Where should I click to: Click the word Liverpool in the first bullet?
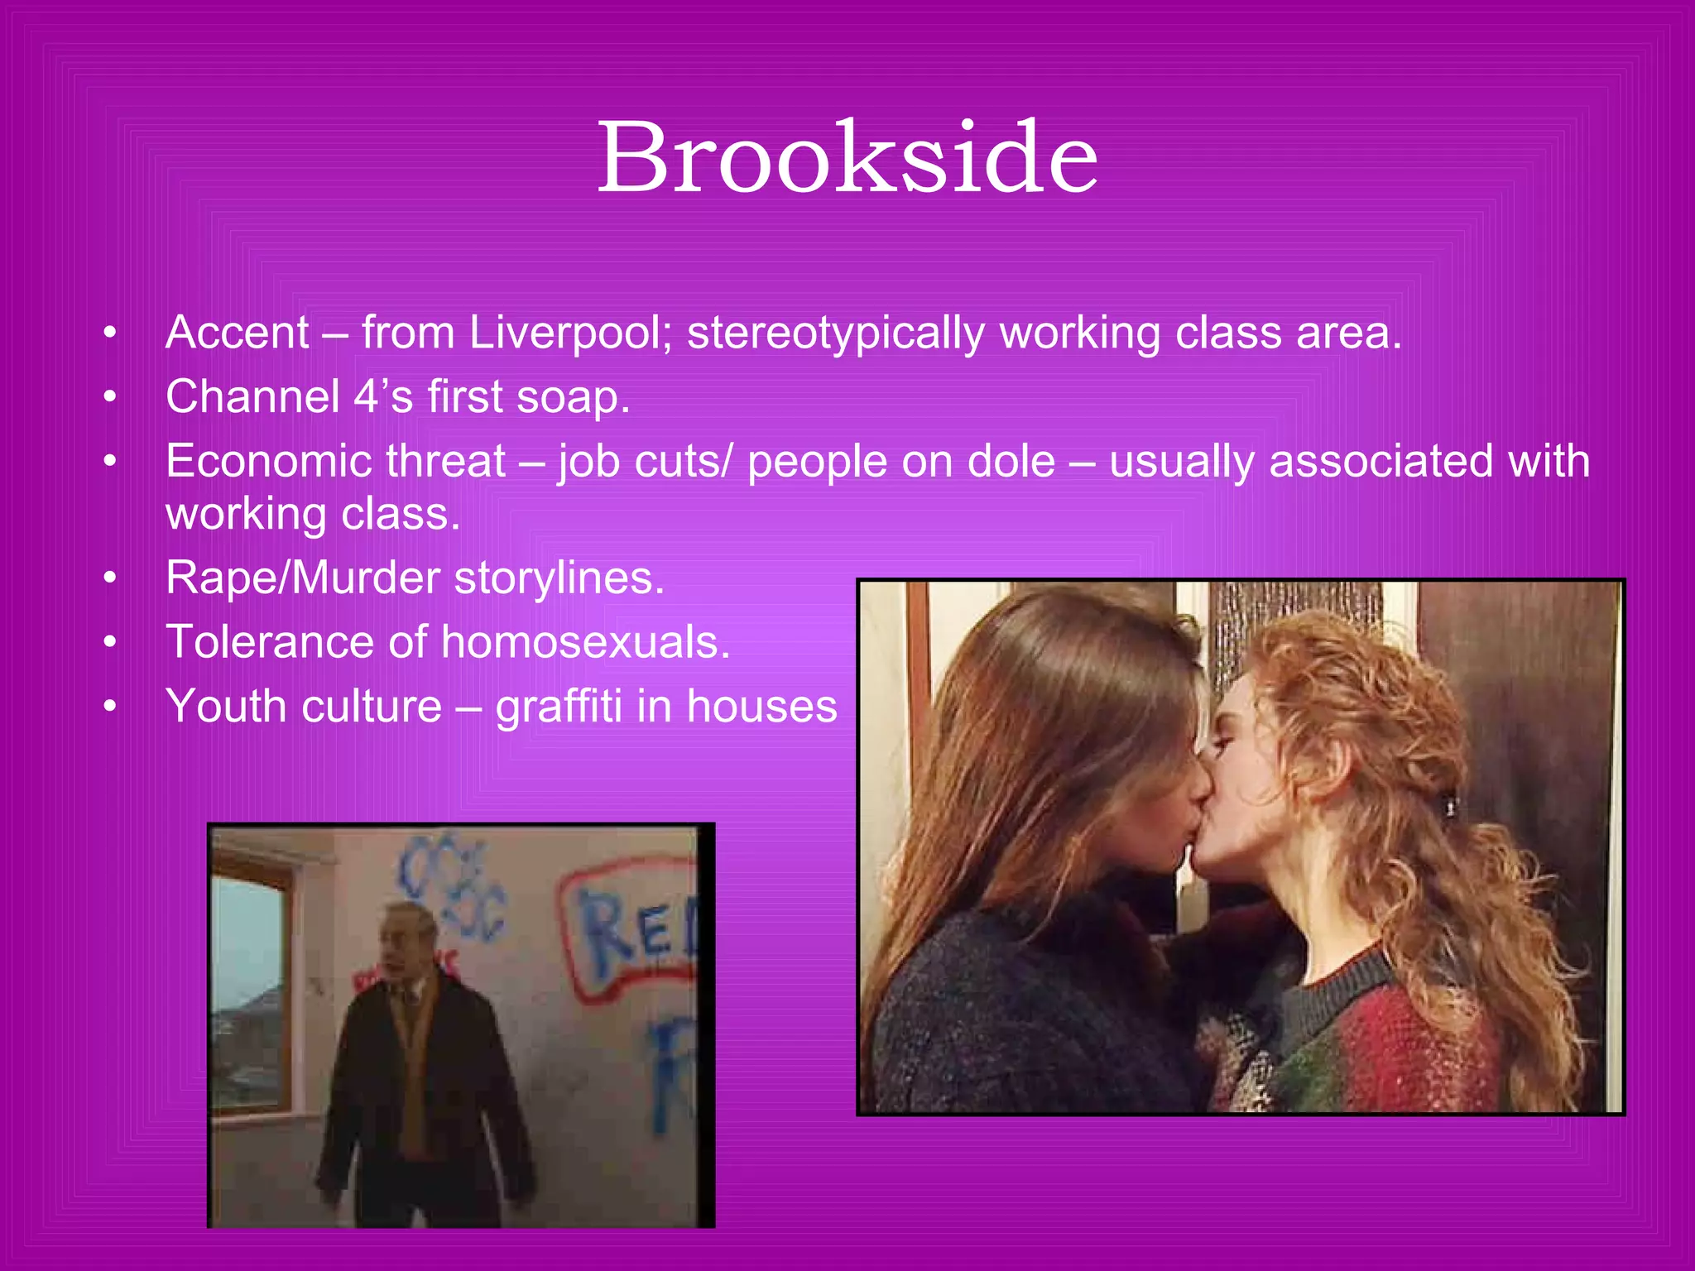(x=570, y=333)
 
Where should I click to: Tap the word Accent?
(x=238, y=333)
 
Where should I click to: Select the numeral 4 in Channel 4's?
(x=365, y=396)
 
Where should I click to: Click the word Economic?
(x=335, y=461)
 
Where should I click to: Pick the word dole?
(x=1011, y=461)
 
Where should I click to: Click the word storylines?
(x=559, y=578)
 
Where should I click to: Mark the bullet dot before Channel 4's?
(x=110, y=398)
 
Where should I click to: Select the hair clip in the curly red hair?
(x=1450, y=803)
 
